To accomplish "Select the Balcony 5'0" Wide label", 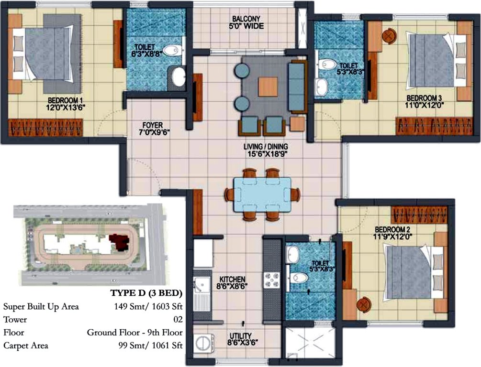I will click(247, 22).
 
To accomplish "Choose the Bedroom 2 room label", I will click(393, 232).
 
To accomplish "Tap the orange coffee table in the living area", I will click(267, 87).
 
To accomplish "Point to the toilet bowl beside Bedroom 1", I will click(169, 50).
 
